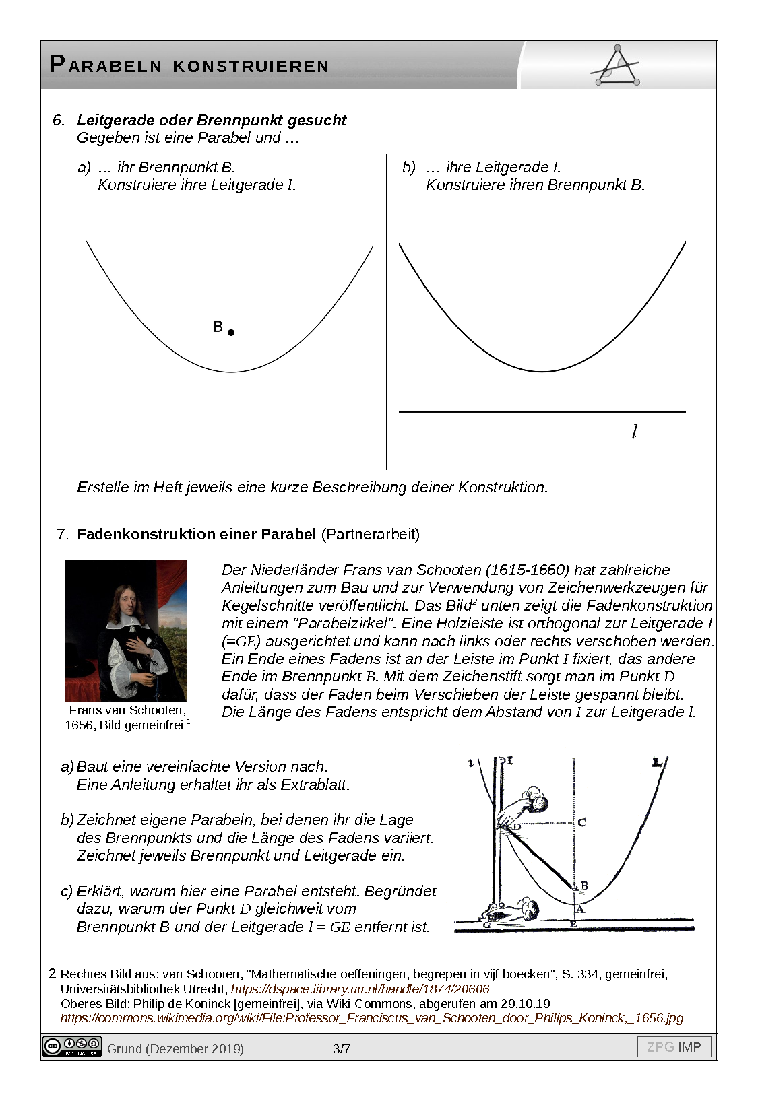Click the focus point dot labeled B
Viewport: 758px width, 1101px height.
pyautogui.click(x=231, y=332)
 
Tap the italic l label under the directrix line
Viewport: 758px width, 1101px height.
pyautogui.click(x=634, y=432)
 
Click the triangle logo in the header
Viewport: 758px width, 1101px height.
pyautogui.click(x=616, y=66)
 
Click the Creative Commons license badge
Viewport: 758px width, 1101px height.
pyautogui.click(x=71, y=1046)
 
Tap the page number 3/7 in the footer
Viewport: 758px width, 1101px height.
pyautogui.click(x=342, y=1048)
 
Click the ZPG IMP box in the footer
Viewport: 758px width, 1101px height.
pyautogui.click(x=674, y=1047)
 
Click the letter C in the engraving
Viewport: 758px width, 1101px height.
pyautogui.click(x=582, y=822)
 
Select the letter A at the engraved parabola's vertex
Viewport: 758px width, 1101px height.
pyautogui.click(x=581, y=909)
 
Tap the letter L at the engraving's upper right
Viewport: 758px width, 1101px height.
pyautogui.click(x=657, y=763)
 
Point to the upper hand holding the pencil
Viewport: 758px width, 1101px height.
pyautogui.click(x=526, y=806)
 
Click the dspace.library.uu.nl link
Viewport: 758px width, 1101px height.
pyautogui.click(x=360, y=989)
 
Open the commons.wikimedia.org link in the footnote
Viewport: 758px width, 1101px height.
pyautogui.click(x=371, y=1017)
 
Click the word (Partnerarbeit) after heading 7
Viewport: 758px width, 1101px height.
pyautogui.click(x=371, y=534)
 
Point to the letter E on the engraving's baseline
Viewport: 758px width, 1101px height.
pyautogui.click(x=573, y=924)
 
